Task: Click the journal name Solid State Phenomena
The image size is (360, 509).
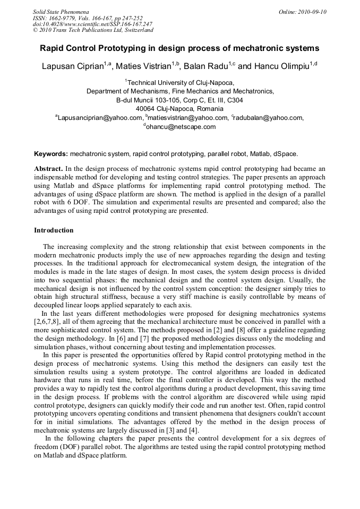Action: [61, 11]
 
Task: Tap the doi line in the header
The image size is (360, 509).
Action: [92, 24]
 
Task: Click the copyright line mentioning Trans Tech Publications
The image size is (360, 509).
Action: [93, 30]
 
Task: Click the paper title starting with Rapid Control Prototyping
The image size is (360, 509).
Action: [179, 48]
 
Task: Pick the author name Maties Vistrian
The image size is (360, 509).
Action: [144, 67]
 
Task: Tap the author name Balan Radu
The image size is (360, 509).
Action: [205, 67]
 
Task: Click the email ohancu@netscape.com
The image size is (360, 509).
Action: [181, 127]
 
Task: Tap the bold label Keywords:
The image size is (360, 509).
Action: [51, 154]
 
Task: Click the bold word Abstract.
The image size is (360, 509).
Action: [49, 168]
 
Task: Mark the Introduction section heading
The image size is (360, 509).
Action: [54, 230]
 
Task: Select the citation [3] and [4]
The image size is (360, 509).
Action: [199, 429]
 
